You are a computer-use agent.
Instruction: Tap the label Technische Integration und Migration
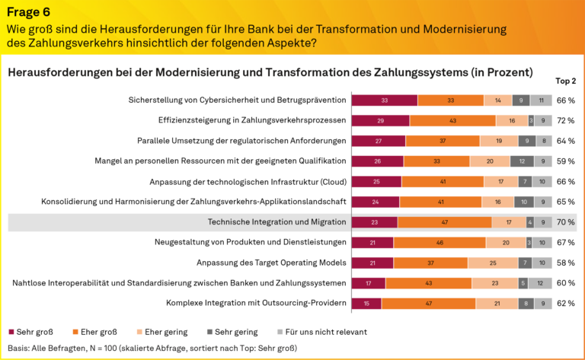coord(277,222)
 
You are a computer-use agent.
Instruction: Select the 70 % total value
coord(565,222)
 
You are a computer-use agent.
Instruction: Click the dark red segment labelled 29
coord(380,120)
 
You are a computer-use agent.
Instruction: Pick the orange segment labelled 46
coord(440,243)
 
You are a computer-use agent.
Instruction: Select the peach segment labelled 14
coord(497,100)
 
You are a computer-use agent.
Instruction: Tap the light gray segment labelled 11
coord(541,100)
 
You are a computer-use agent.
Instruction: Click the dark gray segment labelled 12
coord(522,161)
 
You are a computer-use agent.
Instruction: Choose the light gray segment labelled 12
coord(540,283)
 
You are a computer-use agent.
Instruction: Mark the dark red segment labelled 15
coord(366,304)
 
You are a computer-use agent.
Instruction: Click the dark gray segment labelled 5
coord(523,283)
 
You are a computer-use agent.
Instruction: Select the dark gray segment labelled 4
coord(529,222)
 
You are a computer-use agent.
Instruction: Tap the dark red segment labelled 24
coord(375,202)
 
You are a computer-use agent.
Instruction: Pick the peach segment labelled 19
coord(499,141)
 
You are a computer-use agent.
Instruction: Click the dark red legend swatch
coord(11,333)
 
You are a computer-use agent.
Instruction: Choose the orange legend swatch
coord(75,333)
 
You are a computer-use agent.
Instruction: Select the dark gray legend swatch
coord(209,333)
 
